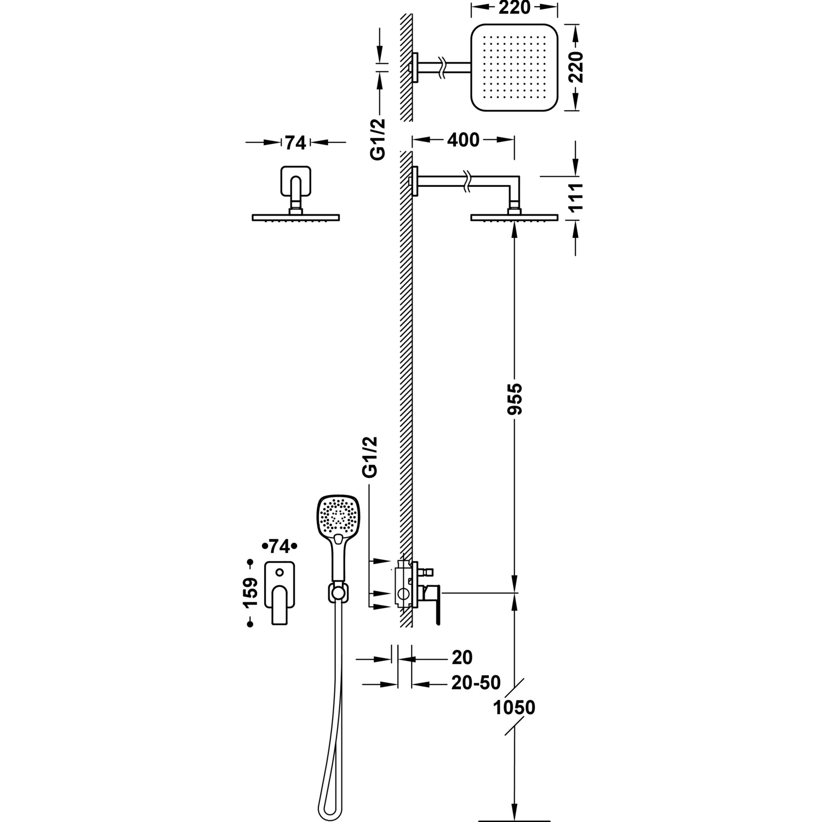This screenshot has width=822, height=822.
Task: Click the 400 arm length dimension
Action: (x=463, y=140)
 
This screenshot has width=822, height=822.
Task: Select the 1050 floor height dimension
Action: (x=514, y=707)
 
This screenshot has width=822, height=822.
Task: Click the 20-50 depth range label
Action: (x=476, y=683)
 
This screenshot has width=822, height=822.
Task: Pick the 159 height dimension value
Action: (x=250, y=592)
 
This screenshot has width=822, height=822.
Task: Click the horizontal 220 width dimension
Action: (x=515, y=8)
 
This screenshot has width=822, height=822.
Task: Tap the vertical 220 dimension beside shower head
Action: (x=576, y=67)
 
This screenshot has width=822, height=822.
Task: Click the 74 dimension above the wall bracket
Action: (x=295, y=142)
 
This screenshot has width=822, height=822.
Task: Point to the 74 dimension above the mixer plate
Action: (x=278, y=546)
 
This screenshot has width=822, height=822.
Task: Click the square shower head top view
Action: (x=514, y=67)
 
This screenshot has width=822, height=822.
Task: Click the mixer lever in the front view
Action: (x=279, y=606)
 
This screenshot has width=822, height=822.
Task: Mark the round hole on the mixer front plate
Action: (x=279, y=573)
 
